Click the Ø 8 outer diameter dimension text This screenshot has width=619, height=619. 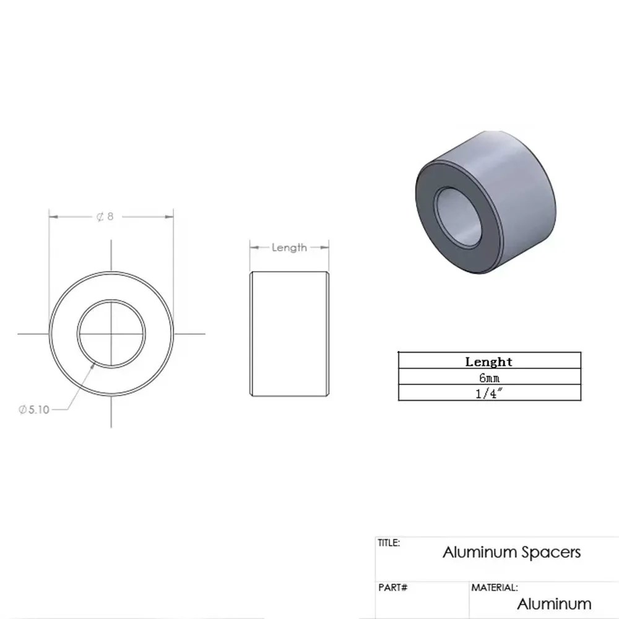pyautogui.click(x=105, y=217)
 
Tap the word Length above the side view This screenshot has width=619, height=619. pyautogui.click(x=289, y=248)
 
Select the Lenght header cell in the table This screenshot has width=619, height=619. pyautogui.click(x=488, y=361)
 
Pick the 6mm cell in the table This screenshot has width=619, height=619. pyautogui.click(x=488, y=377)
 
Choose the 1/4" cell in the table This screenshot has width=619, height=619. pyautogui.click(x=488, y=393)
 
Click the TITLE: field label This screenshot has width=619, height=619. pyautogui.click(x=389, y=543)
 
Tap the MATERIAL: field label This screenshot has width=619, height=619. pyautogui.click(x=495, y=587)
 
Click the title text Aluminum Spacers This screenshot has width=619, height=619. pyautogui.click(x=511, y=552)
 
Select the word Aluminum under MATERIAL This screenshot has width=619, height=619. pyautogui.click(x=554, y=604)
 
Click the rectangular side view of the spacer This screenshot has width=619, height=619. pyautogui.click(x=289, y=334)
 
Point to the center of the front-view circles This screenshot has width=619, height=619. pyautogui.click(x=111, y=334)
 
